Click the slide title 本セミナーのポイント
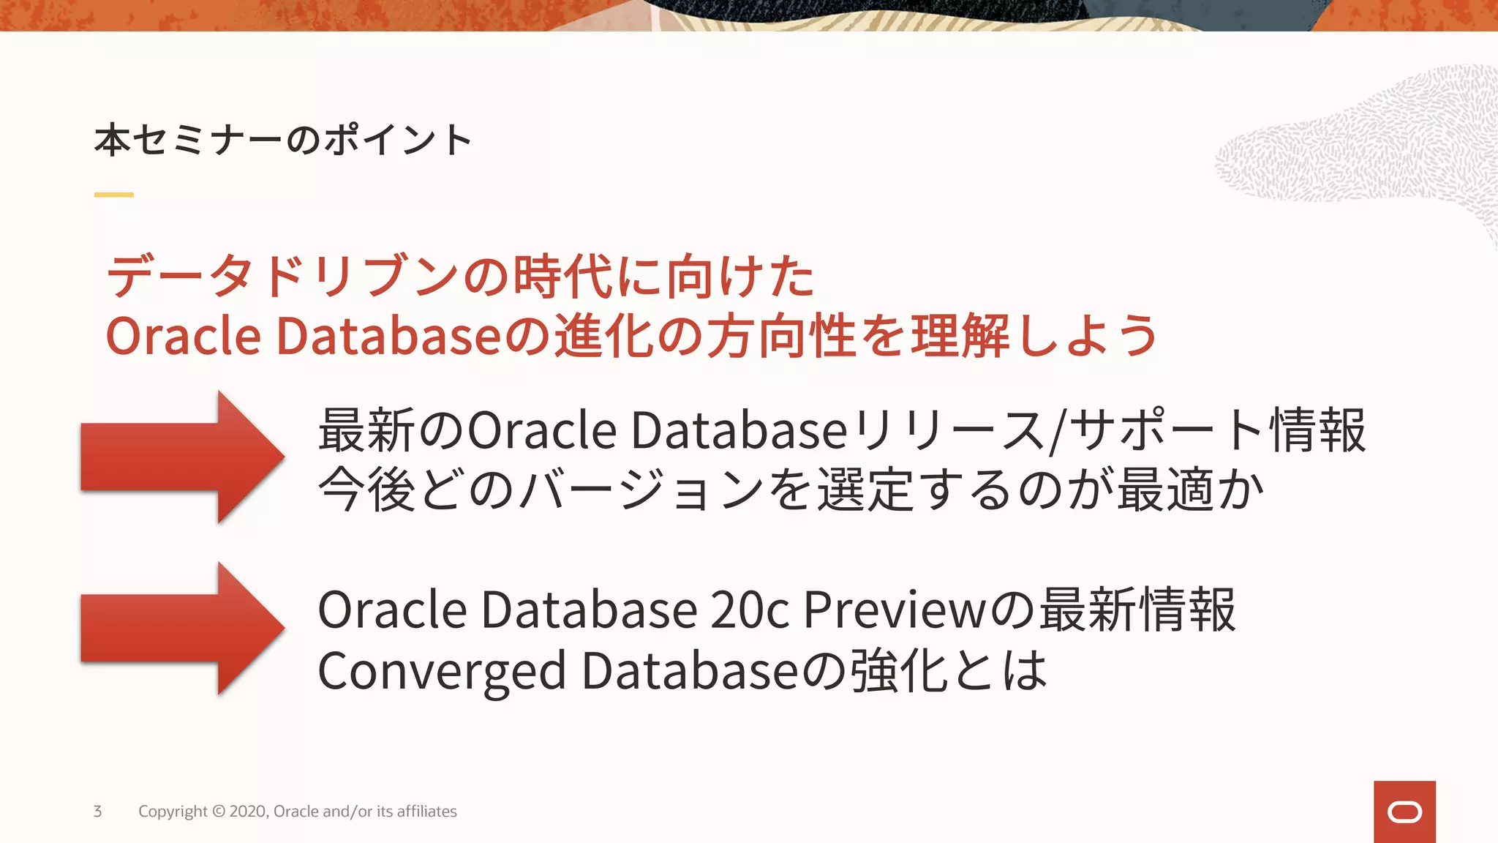click(x=283, y=140)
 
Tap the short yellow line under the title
click(x=113, y=195)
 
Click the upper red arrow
click(x=183, y=457)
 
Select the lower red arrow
click(x=183, y=628)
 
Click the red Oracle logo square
click(x=1404, y=812)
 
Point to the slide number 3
click(x=97, y=811)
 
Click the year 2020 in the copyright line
click(x=248, y=811)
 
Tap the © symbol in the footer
click(x=219, y=811)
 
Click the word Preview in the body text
click(x=895, y=610)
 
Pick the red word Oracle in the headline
click(x=183, y=336)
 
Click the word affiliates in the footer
click(x=426, y=811)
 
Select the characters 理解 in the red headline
click(x=960, y=336)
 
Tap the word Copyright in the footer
click(x=173, y=811)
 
